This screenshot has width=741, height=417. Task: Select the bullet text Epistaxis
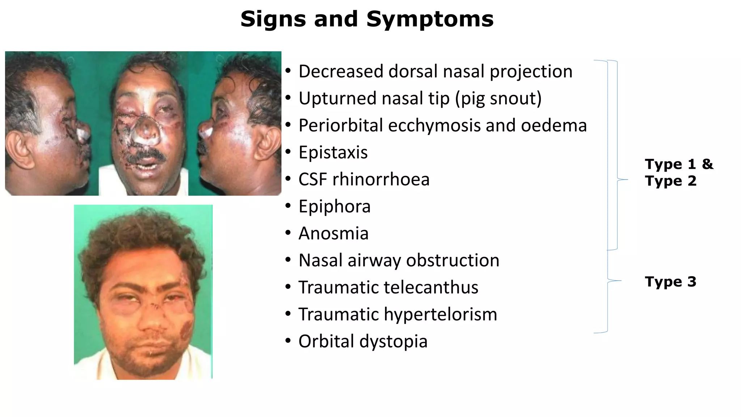click(333, 152)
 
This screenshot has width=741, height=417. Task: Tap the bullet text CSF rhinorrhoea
click(364, 180)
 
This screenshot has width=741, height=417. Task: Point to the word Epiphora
click(334, 207)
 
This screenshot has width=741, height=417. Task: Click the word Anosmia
click(333, 233)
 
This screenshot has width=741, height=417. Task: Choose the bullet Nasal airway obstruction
click(399, 260)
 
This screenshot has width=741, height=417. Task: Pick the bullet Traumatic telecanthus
click(388, 287)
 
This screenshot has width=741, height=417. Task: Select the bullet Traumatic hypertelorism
click(398, 314)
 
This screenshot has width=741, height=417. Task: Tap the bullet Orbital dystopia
click(363, 341)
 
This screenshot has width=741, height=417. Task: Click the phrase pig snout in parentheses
click(498, 98)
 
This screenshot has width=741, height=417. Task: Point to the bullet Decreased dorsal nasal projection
click(435, 71)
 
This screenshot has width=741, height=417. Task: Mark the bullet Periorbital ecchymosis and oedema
click(443, 126)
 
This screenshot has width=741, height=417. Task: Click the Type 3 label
click(670, 282)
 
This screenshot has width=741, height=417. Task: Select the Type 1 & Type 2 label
click(679, 172)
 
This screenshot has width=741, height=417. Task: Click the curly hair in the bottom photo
click(141, 232)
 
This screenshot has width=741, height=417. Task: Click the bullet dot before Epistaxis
click(288, 152)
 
